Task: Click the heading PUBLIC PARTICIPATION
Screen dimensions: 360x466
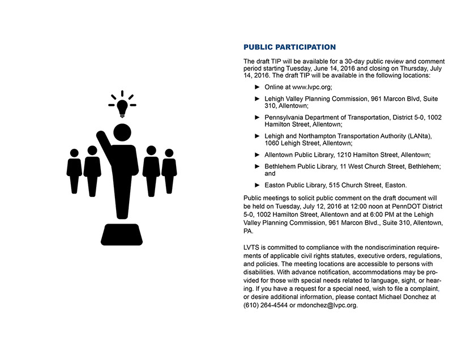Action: (x=289, y=47)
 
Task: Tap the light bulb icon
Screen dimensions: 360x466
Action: (x=122, y=105)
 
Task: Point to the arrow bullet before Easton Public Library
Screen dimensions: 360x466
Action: (x=258, y=185)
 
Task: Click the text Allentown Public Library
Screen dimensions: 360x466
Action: (x=300, y=155)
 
